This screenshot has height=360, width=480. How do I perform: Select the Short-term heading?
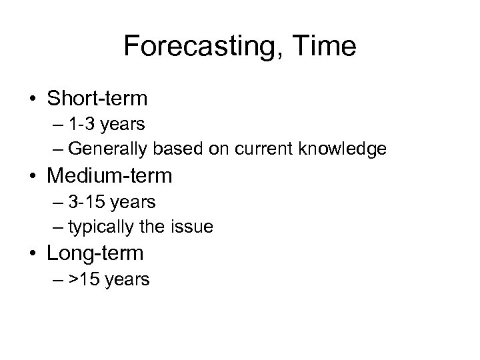tap(97, 99)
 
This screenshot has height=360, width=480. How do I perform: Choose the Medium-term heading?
tap(110, 176)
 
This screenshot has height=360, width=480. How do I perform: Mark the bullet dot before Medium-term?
tap(33, 177)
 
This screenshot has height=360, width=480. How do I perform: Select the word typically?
tap(98, 227)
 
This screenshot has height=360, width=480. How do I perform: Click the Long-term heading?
tap(95, 253)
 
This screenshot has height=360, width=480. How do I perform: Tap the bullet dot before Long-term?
tap(33, 254)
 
